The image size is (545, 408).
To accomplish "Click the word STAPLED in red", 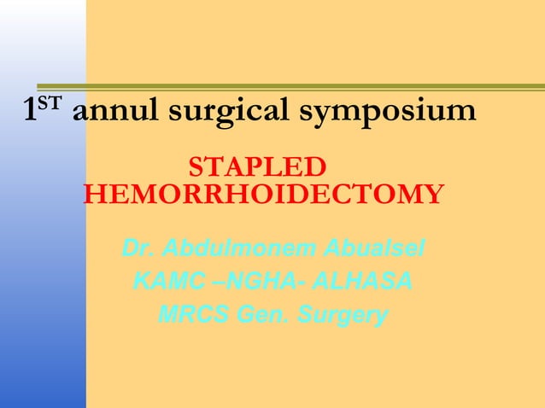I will click(x=256, y=166).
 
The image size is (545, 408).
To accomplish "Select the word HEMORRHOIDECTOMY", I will click(x=263, y=195).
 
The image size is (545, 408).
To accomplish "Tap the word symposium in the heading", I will click(x=397, y=112).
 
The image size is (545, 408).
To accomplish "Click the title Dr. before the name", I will click(x=138, y=250).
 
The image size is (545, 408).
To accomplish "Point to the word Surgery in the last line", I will click(x=343, y=314).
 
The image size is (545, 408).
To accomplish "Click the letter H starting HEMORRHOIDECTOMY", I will click(x=94, y=195).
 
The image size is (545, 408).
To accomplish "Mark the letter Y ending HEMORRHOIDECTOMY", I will click(x=433, y=195).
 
